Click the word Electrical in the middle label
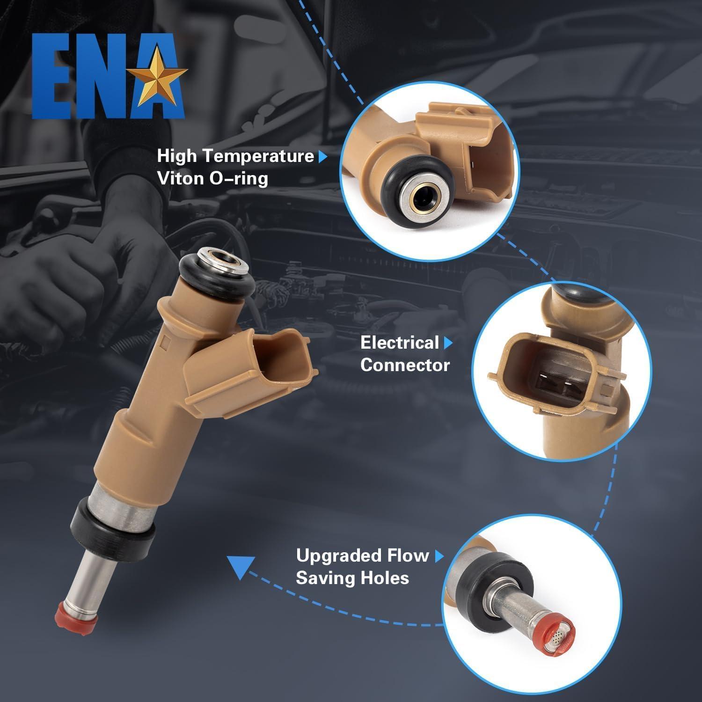399,343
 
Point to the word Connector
405,366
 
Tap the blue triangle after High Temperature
322,157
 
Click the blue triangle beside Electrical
448,343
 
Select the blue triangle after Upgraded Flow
439,556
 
